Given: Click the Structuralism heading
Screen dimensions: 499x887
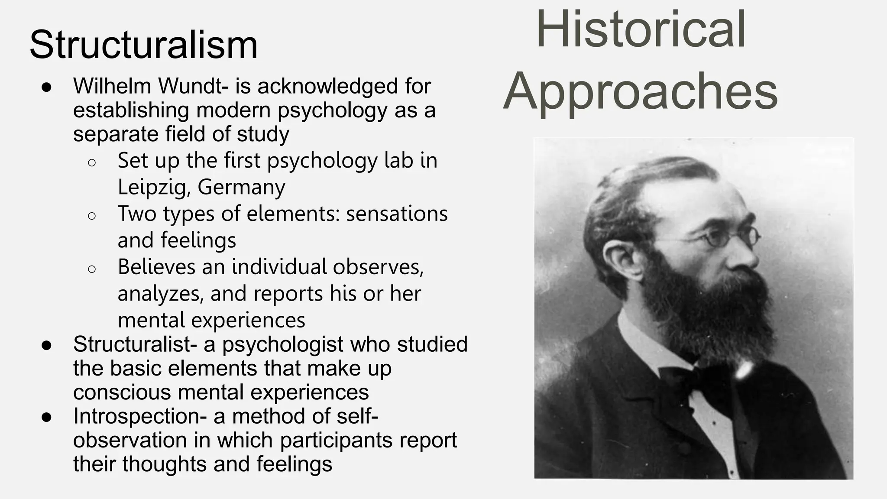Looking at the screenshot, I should click(x=143, y=45).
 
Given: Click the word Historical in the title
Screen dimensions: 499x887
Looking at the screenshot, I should click(x=641, y=29).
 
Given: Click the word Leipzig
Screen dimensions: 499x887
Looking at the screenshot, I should click(x=154, y=187).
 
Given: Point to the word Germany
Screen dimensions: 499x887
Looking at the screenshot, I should click(x=241, y=187).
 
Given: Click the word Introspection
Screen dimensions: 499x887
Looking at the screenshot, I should click(x=136, y=416).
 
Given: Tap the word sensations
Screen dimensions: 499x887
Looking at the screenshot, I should click(x=397, y=214).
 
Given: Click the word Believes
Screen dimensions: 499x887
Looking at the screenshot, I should click(x=156, y=267).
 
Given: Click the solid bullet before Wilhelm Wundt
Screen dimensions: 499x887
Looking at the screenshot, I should click(x=47, y=87).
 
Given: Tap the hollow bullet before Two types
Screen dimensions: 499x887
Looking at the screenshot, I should click(x=91, y=216).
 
